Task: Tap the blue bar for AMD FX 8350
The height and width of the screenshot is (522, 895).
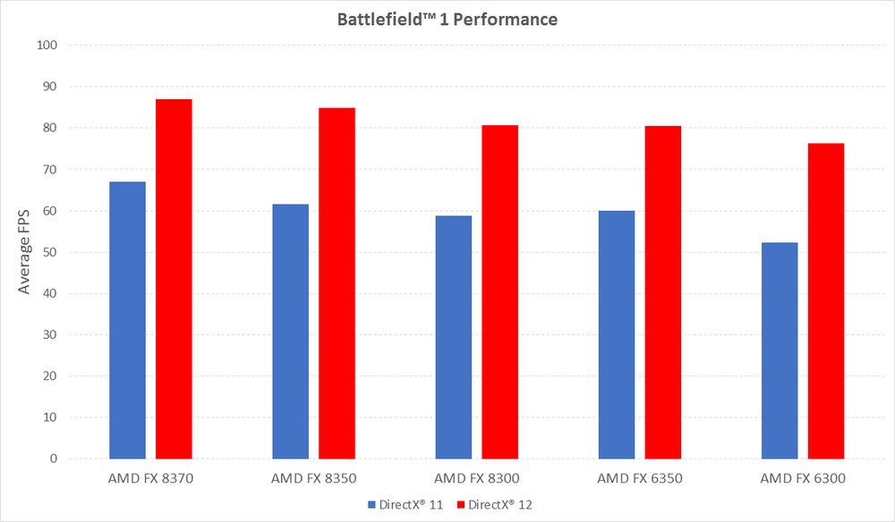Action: click(x=290, y=332)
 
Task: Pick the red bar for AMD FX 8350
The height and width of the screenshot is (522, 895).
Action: click(x=337, y=283)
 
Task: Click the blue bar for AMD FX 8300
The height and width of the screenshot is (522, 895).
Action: click(x=453, y=337)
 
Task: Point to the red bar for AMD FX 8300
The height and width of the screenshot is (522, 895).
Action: click(x=499, y=292)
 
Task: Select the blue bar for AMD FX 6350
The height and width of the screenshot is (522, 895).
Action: click(x=617, y=334)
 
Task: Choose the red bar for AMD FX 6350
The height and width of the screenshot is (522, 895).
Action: click(x=663, y=292)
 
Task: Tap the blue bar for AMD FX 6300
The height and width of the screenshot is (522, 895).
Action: click(x=780, y=350)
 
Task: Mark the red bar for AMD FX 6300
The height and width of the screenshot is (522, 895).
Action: click(x=826, y=301)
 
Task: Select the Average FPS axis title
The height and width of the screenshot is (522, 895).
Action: click(x=25, y=253)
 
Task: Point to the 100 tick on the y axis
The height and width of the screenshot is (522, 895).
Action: click(x=47, y=46)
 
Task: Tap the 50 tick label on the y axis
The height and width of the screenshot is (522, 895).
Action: click(x=50, y=252)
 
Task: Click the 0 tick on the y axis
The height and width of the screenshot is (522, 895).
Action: click(x=54, y=459)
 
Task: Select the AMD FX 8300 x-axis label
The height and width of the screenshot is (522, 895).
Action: click(x=476, y=479)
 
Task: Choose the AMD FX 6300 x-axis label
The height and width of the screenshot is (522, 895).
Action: click(x=802, y=479)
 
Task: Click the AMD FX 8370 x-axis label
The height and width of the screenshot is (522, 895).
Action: click(x=150, y=479)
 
